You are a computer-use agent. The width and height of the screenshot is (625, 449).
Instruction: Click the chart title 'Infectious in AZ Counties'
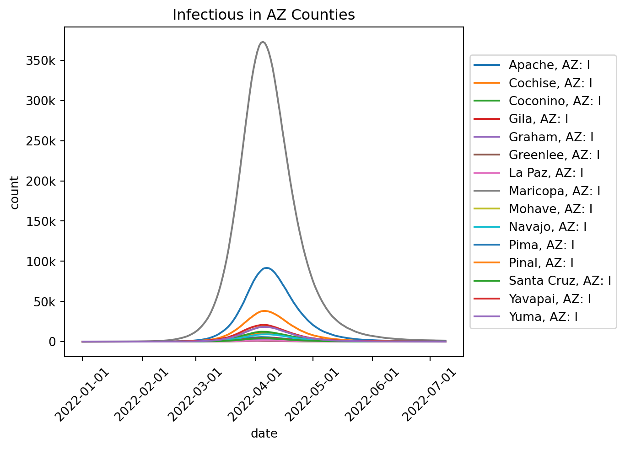tap(264, 15)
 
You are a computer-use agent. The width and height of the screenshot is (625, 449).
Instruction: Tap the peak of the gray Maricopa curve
tap(263, 43)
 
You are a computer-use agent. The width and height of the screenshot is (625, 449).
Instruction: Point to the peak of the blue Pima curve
tap(266, 268)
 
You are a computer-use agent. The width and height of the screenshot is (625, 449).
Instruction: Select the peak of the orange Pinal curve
tap(264, 311)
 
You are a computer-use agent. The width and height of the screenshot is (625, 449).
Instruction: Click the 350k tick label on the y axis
tap(41, 61)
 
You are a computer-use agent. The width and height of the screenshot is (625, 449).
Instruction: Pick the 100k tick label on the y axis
tap(41, 262)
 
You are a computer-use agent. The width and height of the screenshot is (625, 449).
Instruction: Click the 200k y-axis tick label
tap(41, 182)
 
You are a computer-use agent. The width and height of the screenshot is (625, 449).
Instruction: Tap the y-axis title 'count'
tap(15, 192)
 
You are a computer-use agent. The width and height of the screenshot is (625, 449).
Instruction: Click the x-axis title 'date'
tap(264, 434)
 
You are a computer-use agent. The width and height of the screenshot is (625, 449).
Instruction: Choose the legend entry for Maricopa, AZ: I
tap(554, 191)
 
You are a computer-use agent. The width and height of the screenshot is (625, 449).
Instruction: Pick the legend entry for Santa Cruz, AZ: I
tap(560, 281)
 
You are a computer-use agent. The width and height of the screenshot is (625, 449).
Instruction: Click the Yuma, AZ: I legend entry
tap(543, 316)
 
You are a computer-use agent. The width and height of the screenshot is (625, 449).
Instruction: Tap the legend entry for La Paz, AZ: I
tap(546, 173)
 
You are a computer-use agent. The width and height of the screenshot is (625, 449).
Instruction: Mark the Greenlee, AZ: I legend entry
tap(554, 155)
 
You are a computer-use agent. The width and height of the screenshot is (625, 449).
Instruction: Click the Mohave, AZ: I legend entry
tap(550, 209)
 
